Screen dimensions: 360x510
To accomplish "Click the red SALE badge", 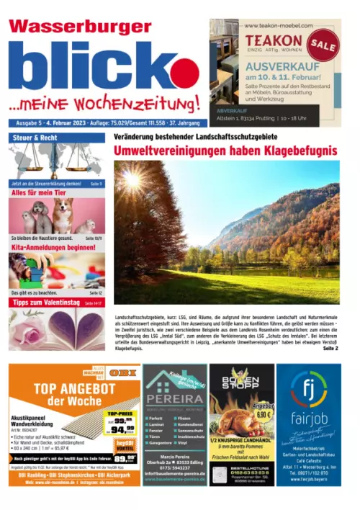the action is [323, 44].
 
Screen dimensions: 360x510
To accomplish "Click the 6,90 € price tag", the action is [264, 414].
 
